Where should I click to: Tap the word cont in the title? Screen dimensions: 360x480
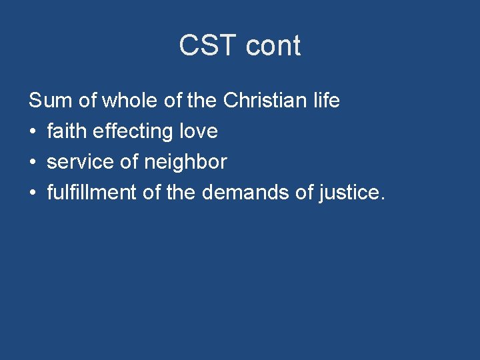[x=273, y=46]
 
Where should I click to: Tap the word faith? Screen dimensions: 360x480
[x=67, y=131]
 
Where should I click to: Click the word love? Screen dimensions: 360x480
[x=199, y=131]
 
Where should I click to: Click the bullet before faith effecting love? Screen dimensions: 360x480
[x=33, y=132]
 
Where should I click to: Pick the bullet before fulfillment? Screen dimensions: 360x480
[x=33, y=193]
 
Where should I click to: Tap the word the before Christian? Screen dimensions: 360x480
[x=202, y=101]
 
